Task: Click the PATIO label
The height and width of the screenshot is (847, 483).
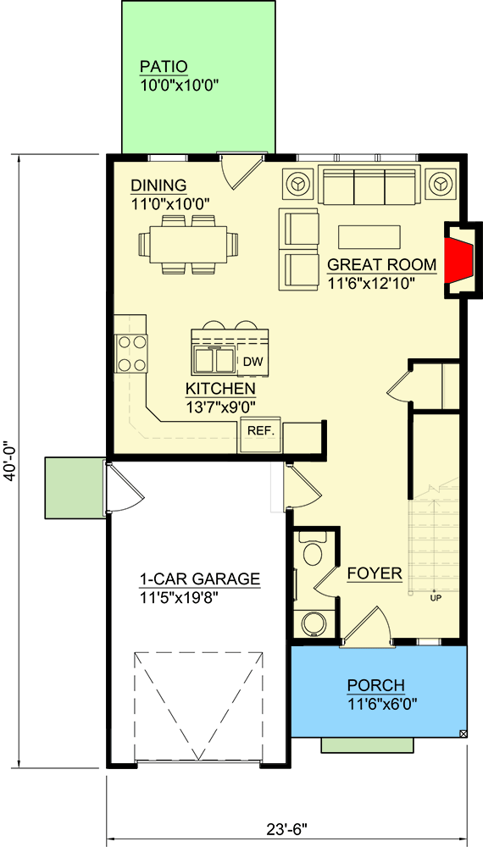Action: click(x=164, y=66)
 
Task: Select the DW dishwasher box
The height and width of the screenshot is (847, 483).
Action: click(x=252, y=362)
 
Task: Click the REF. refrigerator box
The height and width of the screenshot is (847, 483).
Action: click(x=260, y=431)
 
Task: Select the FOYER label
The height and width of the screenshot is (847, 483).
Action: click(x=375, y=574)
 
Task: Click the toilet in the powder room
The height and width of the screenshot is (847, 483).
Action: click(x=313, y=553)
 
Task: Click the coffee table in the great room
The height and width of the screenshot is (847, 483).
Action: click(x=369, y=236)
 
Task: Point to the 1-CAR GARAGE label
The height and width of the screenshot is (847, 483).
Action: click(x=200, y=580)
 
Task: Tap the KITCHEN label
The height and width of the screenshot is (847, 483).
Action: click(x=220, y=389)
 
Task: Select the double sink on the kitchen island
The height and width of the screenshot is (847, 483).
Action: click(x=214, y=360)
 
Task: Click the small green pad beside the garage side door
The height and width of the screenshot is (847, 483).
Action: click(x=73, y=486)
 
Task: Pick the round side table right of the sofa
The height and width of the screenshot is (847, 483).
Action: click(x=441, y=182)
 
